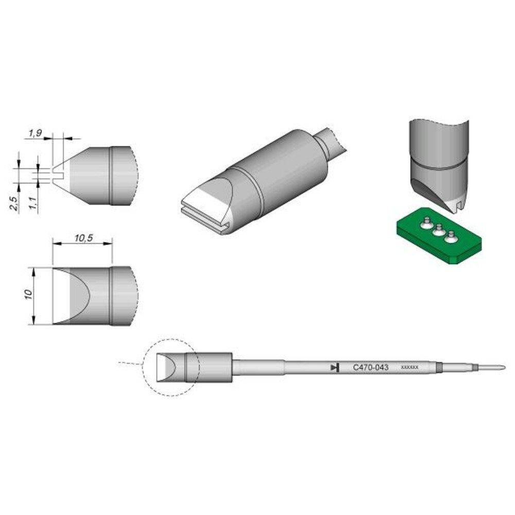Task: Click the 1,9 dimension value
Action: pos(35,133)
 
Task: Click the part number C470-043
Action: pos(370,368)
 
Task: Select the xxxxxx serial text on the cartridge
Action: pos(412,368)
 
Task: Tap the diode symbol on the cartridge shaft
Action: pos(334,368)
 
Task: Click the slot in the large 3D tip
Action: pos(203,216)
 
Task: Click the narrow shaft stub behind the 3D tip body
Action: pos(332,142)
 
